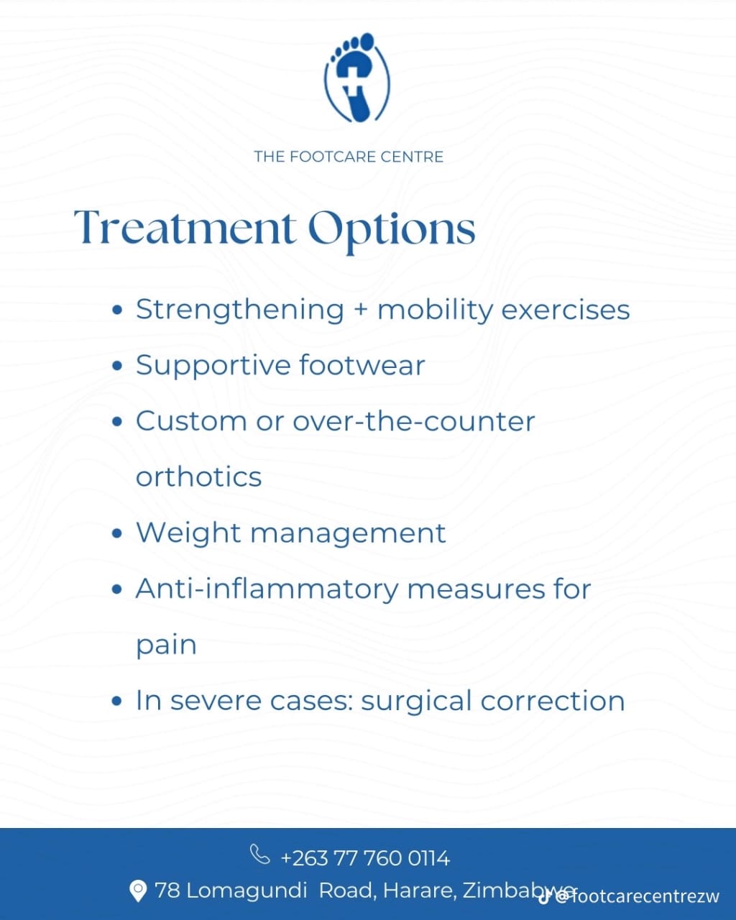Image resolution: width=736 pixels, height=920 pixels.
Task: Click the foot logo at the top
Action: point(357,78)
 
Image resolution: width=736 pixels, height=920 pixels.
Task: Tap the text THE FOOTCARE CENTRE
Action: point(349,157)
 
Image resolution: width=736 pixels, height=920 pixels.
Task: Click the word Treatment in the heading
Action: point(185,228)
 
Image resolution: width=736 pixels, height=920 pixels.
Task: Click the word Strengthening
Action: point(240,310)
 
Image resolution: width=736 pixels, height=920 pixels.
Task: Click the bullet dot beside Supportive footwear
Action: point(118,366)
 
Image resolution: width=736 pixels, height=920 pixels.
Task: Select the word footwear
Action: point(362,365)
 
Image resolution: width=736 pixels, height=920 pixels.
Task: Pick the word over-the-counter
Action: point(413,421)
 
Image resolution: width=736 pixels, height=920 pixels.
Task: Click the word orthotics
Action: point(199,477)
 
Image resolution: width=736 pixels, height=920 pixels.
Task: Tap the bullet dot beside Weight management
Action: point(118,534)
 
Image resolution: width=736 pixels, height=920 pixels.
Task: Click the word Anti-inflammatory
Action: point(267,589)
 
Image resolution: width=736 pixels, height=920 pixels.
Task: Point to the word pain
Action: point(166,645)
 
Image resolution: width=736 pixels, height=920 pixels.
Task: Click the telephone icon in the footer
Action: point(259,855)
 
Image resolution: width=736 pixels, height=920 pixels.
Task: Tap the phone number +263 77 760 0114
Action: point(365,858)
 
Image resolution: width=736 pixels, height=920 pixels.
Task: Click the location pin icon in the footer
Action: point(137,891)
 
